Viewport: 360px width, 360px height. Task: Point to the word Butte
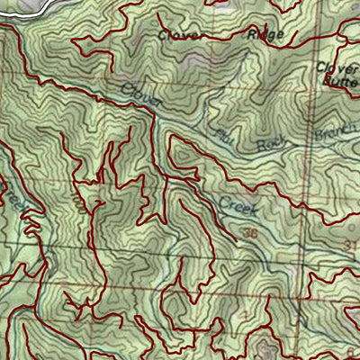pyautogui.click(x=341, y=79)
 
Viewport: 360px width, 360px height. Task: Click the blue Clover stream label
pyautogui.click(x=142, y=95)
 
